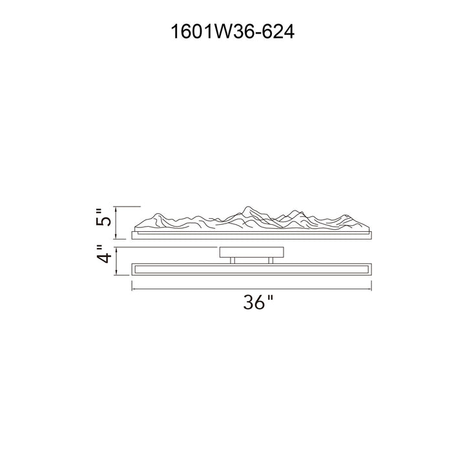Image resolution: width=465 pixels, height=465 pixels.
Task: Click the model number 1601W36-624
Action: (x=232, y=32)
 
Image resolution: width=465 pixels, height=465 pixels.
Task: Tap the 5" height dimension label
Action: (x=103, y=218)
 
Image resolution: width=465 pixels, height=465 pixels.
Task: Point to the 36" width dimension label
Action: (x=258, y=302)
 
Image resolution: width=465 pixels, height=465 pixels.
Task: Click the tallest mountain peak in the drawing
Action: (x=247, y=207)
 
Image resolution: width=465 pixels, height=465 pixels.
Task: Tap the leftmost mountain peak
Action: (x=158, y=214)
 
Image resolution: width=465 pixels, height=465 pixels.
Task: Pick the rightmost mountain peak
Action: (x=345, y=215)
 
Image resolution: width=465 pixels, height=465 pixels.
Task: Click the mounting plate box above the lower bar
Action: (x=251, y=252)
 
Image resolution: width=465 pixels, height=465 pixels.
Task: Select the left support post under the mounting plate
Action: (x=232, y=260)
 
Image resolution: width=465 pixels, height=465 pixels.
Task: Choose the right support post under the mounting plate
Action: (x=271, y=260)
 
